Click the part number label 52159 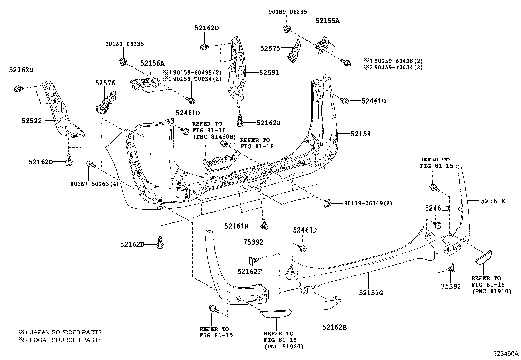361,134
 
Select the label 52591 269,73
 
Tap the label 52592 32,121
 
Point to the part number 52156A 152,63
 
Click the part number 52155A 328,21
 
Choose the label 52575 270,48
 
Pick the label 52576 105,83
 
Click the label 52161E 493,201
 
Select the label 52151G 371,293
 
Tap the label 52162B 334,327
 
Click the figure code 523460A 506,354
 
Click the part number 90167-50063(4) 94,184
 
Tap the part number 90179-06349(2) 368,204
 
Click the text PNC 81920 283,346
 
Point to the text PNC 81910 491,291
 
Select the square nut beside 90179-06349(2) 327,204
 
